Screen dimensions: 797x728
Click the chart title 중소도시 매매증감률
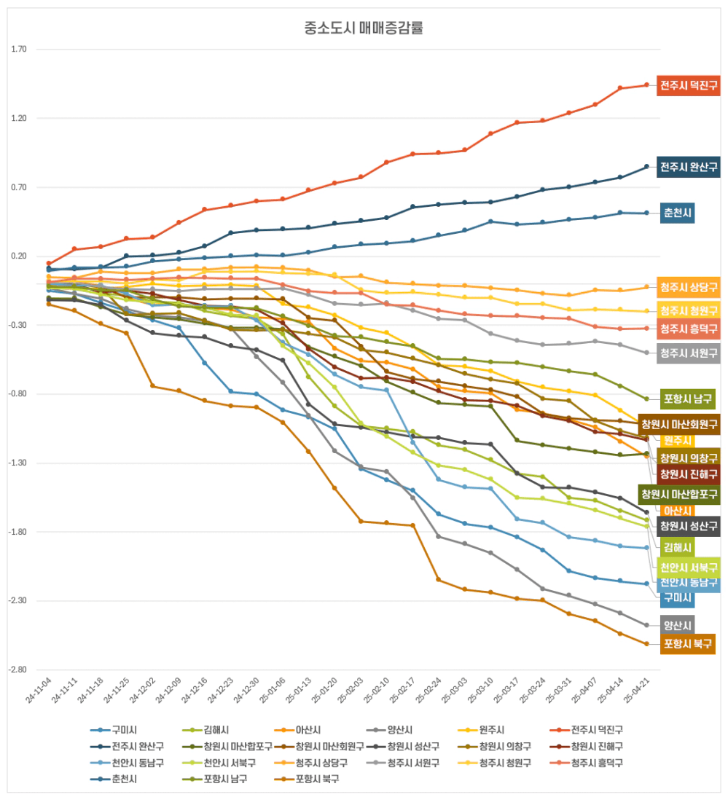(x=364, y=29)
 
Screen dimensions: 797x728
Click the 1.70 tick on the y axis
(x=19, y=50)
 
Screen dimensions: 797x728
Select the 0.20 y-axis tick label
(x=19, y=256)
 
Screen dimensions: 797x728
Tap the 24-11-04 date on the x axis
(x=39, y=689)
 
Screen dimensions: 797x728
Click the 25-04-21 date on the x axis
(x=636, y=689)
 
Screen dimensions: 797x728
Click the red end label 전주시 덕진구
(x=689, y=85)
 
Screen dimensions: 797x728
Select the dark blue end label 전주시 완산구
(x=689, y=167)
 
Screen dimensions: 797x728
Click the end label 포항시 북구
(x=688, y=643)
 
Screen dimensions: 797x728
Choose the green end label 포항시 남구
(x=688, y=398)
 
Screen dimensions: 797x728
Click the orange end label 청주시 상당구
(x=689, y=286)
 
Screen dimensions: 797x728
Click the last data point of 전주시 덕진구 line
(x=646, y=85)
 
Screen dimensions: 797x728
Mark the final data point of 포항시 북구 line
(x=646, y=644)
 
